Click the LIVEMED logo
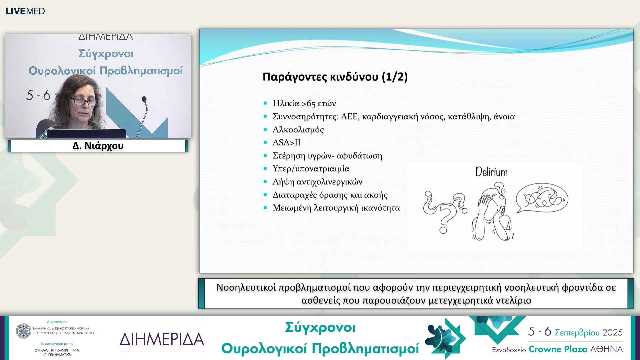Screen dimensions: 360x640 (x=25, y=11)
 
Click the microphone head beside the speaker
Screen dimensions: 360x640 (x=144, y=99)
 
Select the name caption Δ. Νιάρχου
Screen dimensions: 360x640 (x=98, y=146)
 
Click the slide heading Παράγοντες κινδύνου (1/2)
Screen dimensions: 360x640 (x=335, y=77)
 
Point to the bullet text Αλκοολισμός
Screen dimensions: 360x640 (x=298, y=130)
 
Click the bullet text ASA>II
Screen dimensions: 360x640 (x=286, y=143)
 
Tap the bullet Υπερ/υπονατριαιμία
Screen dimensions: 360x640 (x=311, y=169)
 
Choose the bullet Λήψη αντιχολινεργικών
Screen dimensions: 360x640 (x=317, y=182)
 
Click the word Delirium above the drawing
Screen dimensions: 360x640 (x=491, y=172)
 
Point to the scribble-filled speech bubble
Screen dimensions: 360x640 (x=542, y=198)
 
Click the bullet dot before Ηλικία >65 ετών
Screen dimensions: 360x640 (x=265, y=103)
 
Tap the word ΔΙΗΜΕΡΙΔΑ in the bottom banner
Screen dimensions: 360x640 (x=162, y=339)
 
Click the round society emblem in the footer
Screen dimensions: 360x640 (x=23, y=331)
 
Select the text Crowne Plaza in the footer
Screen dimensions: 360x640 (x=558, y=349)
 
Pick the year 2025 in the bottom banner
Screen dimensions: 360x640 (x=612, y=332)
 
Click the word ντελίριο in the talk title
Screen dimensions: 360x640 (x=513, y=300)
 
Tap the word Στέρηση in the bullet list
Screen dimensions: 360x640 (x=289, y=156)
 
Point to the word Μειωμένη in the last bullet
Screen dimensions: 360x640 (x=292, y=208)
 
